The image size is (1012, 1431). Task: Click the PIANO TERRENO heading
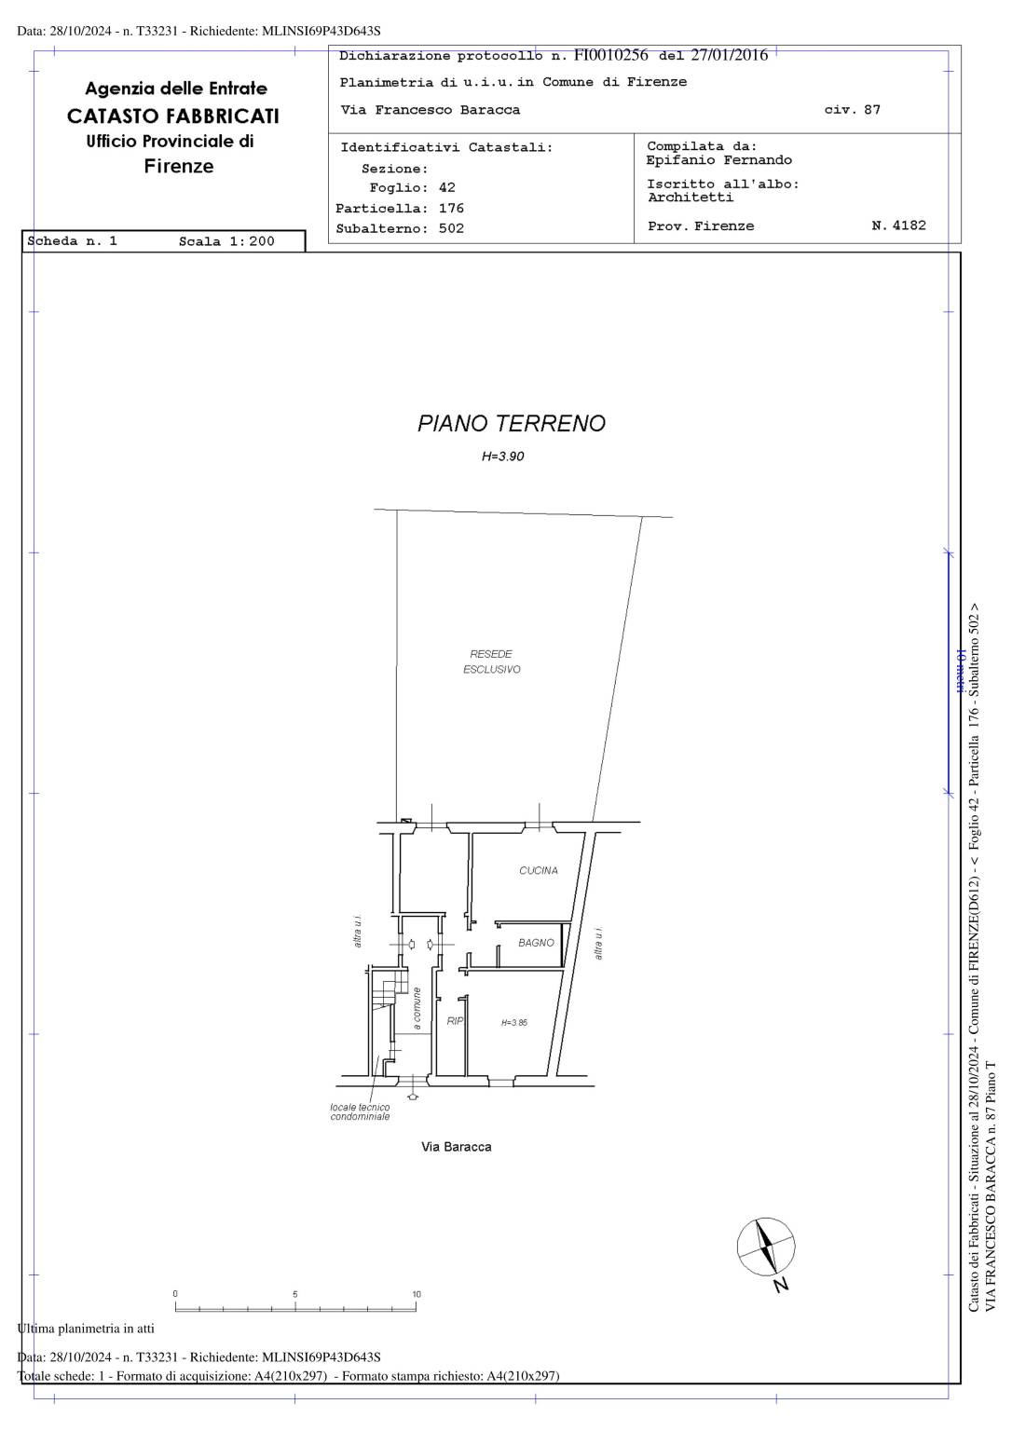pyautogui.click(x=511, y=424)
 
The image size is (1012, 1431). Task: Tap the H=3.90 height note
pyautogui.click(x=503, y=457)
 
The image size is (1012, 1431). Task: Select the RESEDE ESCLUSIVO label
pyautogui.click(x=491, y=661)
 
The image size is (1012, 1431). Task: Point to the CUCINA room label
pyautogui.click(x=538, y=870)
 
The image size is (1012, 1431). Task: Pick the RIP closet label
pyautogui.click(x=455, y=1021)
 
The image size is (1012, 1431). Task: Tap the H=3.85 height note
pyautogui.click(x=514, y=1023)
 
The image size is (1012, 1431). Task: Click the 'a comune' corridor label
pyautogui.click(x=417, y=1008)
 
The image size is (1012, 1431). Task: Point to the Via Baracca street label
pyautogui.click(x=457, y=1147)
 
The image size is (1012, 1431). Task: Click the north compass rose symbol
pyautogui.click(x=766, y=1247)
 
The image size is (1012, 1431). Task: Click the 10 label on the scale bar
pyautogui.click(x=417, y=1294)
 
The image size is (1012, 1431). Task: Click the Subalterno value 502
pyautogui.click(x=451, y=228)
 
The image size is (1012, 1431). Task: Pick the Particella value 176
pyautogui.click(x=451, y=209)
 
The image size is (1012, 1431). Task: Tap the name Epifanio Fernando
pyautogui.click(x=718, y=160)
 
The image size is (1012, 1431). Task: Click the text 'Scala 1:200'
pyautogui.click(x=226, y=241)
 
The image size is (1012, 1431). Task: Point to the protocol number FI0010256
pyautogui.click(x=610, y=55)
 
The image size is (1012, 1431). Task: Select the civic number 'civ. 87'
pyautogui.click(x=853, y=110)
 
